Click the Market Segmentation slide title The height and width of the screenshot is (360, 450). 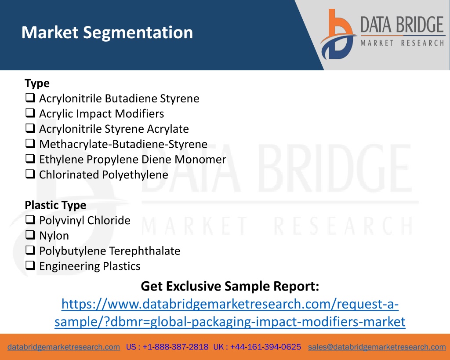pos(107,33)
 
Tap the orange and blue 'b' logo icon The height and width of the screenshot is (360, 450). pos(338,34)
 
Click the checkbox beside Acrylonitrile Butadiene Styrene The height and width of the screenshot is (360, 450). pos(30,98)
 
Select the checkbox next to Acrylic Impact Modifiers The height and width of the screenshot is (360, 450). pos(30,113)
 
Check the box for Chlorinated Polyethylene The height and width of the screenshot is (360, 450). pos(30,174)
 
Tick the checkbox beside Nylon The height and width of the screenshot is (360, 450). pos(30,235)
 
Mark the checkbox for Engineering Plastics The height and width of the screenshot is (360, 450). pos(30,265)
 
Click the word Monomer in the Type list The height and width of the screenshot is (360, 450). pos(200,159)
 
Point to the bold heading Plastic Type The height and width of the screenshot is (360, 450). pos(55,205)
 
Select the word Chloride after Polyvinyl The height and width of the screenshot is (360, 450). pos(109,221)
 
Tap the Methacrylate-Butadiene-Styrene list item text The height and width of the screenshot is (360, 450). pos(123,145)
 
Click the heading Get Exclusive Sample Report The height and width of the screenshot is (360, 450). pos(230,286)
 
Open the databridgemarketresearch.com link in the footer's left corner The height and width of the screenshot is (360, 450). pos(64,347)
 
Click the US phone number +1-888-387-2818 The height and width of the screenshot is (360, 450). pos(175,347)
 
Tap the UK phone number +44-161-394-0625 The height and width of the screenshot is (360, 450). pos(265,347)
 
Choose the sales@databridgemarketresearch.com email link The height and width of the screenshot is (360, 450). pos(377,347)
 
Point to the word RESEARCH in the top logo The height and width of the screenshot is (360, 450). pos(422,43)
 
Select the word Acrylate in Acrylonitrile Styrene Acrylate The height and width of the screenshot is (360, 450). pos(168,129)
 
